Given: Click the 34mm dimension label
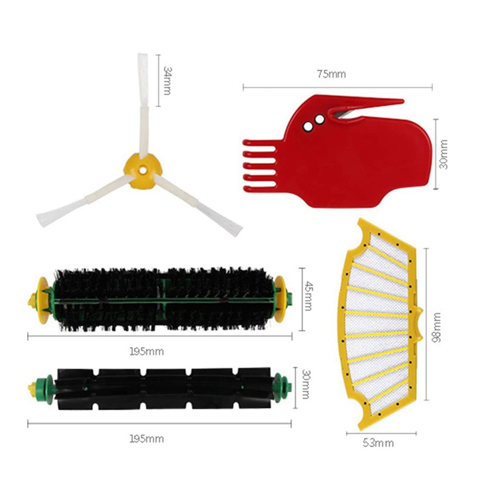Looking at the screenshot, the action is [168, 80].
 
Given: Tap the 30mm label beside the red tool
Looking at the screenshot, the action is [444, 154].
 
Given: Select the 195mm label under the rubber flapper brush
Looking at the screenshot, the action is [147, 439].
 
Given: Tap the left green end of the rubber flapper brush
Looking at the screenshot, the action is [42, 384].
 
